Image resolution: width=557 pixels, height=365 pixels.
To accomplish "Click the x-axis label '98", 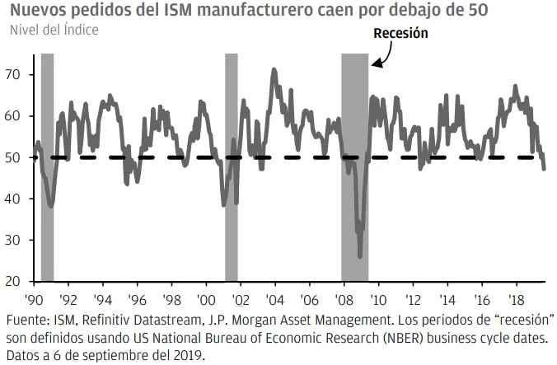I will click(171, 302).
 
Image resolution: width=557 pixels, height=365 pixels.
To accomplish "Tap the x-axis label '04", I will click(274, 302).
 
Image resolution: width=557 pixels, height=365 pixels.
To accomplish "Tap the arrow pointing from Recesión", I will click(380, 58).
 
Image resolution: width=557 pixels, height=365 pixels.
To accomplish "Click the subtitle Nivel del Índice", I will click(54, 30).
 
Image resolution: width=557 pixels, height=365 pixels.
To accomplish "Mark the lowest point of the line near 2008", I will click(360, 256).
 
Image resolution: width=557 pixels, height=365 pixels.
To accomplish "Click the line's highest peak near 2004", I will click(274, 70).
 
